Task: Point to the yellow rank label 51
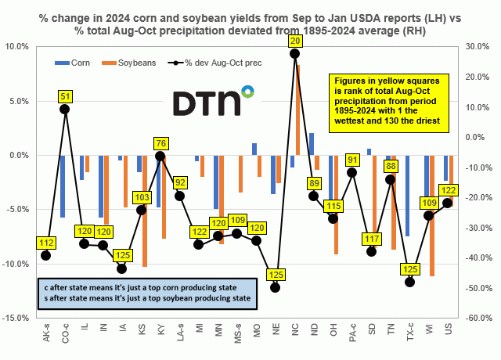[x=65, y=96]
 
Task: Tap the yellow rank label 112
[x=46, y=243]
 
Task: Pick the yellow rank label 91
[x=353, y=160]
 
